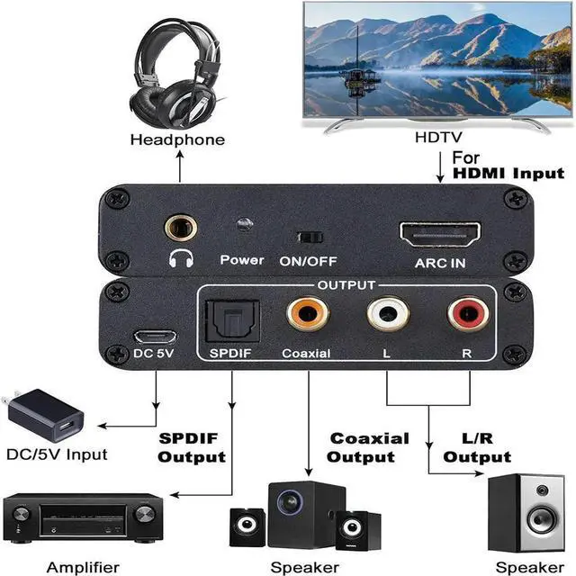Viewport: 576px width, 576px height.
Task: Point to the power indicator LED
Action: [242, 226]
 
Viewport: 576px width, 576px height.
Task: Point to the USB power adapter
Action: [45, 415]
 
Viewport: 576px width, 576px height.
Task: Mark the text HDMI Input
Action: [508, 174]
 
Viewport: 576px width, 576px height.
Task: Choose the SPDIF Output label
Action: [192, 447]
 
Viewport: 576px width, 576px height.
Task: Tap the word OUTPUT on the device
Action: [346, 285]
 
